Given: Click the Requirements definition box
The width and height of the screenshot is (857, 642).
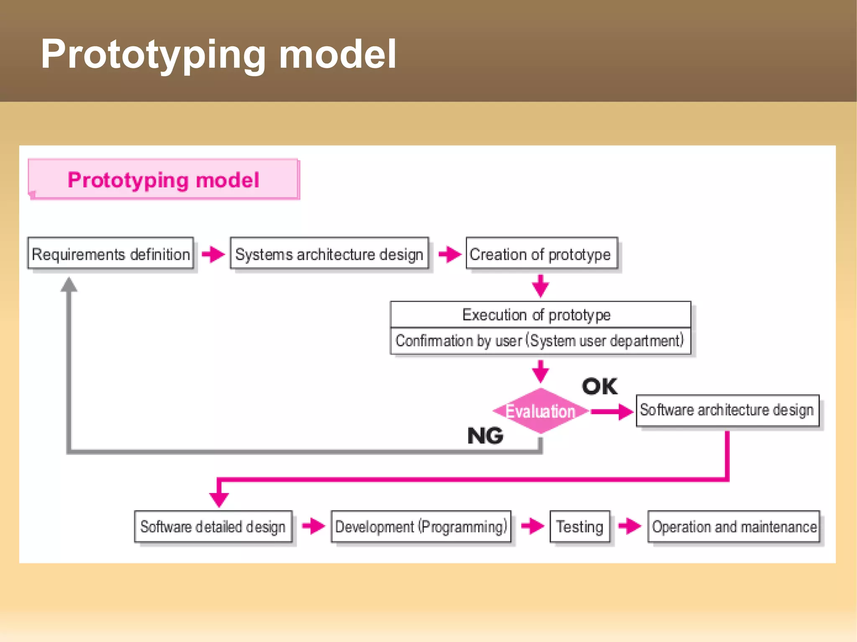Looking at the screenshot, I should pyautogui.click(x=110, y=253).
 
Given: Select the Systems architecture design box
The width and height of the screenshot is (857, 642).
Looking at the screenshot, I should pyautogui.click(x=329, y=253).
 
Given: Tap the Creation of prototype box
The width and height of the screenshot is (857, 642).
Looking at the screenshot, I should pyautogui.click(x=541, y=253).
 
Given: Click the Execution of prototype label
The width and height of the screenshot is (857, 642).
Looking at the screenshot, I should pyautogui.click(x=536, y=315).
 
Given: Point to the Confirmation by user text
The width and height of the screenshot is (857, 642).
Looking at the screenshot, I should pyautogui.click(x=540, y=341).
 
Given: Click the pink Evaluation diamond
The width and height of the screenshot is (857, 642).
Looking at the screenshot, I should pyautogui.click(x=541, y=411).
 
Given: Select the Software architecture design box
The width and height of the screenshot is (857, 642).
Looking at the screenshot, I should pyautogui.click(x=727, y=410).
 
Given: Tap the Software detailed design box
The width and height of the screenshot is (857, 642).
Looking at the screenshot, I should pyautogui.click(x=213, y=527).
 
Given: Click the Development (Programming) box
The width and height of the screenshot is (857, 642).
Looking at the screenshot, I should pyautogui.click(x=421, y=527).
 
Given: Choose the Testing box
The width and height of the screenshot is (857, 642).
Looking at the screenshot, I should pyautogui.click(x=580, y=527).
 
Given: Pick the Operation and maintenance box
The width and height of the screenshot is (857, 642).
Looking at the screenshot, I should pyautogui.click(x=734, y=527).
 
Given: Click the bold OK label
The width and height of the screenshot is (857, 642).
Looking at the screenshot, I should pyautogui.click(x=599, y=386).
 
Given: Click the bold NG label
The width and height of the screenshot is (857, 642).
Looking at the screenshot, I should pyautogui.click(x=485, y=436).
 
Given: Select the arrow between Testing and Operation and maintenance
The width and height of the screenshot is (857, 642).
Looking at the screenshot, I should pyautogui.click(x=630, y=526).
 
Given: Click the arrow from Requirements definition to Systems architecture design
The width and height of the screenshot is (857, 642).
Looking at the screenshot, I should pyautogui.click(x=213, y=254).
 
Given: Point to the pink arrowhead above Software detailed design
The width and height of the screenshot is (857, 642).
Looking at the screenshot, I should pyautogui.click(x=219, y=499).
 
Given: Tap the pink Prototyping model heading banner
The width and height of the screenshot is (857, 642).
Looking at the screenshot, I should pyautogui.click(x=163, y=180).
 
